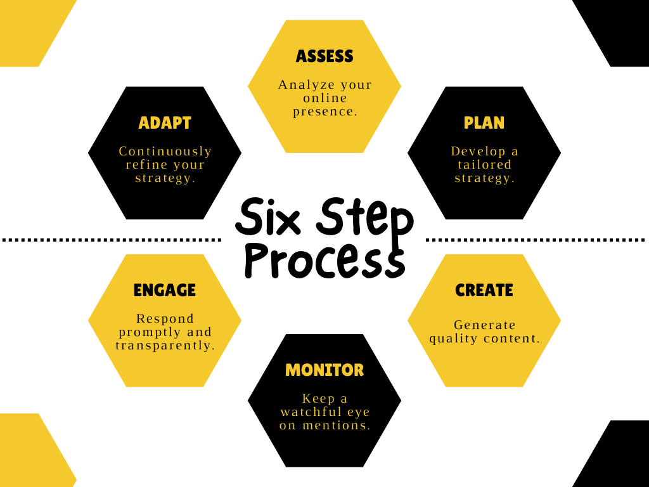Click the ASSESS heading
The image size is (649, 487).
324,56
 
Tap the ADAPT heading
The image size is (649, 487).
165,123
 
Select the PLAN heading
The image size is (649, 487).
484,123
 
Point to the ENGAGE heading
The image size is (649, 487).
165,290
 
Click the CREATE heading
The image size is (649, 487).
484,290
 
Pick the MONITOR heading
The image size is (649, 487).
324,370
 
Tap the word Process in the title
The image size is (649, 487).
324,259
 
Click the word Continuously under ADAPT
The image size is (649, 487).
165,152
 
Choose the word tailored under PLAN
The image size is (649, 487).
484,165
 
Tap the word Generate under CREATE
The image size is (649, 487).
485,325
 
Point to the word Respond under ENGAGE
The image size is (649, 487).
165,318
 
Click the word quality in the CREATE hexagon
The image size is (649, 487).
452,339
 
